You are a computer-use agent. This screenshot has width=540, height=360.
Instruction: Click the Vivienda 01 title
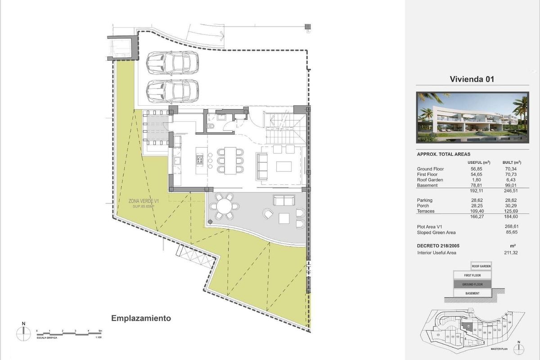coord(472,79)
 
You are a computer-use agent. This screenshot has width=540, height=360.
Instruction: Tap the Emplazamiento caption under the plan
coord(141,318)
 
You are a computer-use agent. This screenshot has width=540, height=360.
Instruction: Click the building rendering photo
coord(472,117)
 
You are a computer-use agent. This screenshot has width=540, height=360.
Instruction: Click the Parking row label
coord(424,200)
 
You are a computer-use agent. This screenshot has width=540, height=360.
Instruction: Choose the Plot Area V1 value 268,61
coord(513,227)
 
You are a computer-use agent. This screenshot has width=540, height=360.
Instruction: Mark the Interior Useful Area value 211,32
coord(513,253)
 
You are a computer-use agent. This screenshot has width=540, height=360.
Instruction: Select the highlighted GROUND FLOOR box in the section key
coord(472,284)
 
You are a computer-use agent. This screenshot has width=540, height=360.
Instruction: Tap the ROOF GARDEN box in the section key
coord(481,266)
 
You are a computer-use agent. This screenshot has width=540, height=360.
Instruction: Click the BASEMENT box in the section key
coord(472,293)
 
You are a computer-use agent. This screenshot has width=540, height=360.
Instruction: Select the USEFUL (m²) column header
coord(479,162)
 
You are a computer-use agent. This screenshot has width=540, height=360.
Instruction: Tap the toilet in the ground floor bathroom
coord(211,126)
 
